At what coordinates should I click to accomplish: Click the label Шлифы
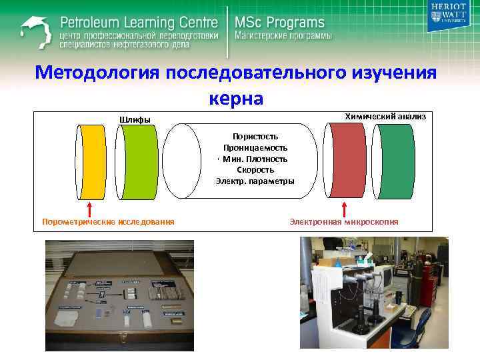pyautogui.click(x=135, y=119)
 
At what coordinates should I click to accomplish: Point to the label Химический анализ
pyautogui.click(x=385, y=116)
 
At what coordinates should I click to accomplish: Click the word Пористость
pyautogui.click(x=255, y=136)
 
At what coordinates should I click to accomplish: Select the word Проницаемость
pyautogui.click(x=255, y=147)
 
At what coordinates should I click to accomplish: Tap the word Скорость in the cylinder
pyautogui.click(x=255, y=170)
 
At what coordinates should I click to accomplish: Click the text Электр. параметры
pyautogui.click(x=255, y=181)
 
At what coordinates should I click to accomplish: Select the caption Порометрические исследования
pyautogui.click(x=108, y=221)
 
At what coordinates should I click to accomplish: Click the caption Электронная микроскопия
pyautogui.click(x=344, y=221)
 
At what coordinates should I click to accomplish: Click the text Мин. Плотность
pyautogui.click(x=255, y=159)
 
